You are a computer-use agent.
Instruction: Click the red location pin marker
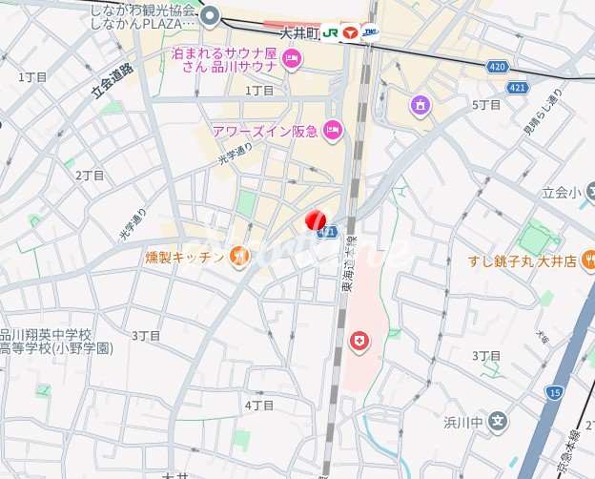click(316, 221)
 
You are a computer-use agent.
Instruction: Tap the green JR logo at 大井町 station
click(329, 31)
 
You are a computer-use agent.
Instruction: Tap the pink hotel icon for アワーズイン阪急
click(333, 131)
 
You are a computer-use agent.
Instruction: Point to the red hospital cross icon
click(359, 341)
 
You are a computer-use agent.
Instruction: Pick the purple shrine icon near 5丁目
click(419, 103)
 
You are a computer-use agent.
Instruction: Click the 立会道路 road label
click(113, 75)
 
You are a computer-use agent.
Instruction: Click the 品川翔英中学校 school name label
click(46, 335)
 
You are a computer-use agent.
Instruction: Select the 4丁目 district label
click(259, 406)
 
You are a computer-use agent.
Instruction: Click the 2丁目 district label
click(90, 176)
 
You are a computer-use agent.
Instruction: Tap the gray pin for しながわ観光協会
click(211, 14)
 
